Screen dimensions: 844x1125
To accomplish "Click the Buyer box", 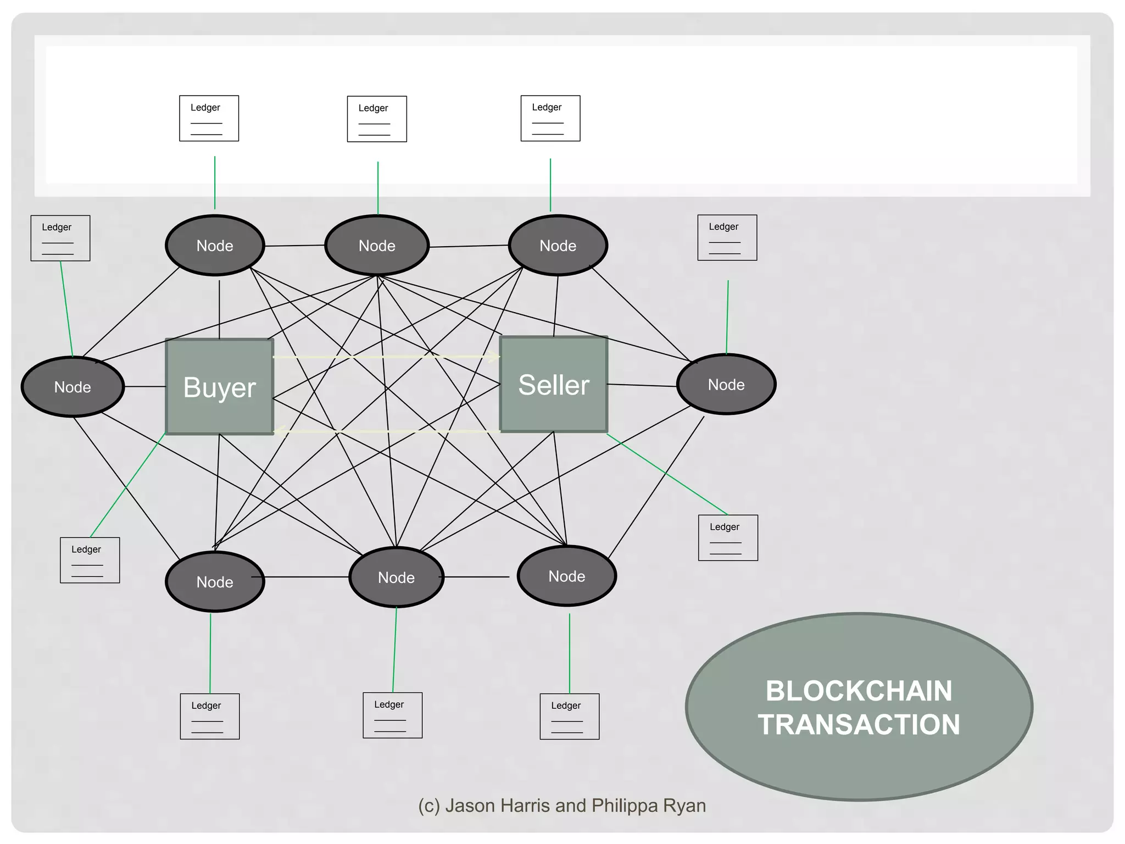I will (x=220, y=387).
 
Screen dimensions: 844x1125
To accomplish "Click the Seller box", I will (x=554, y=385).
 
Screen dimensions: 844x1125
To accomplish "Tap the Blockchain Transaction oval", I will (x=859, y=707).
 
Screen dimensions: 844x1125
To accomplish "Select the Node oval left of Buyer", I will (x=73, y=387).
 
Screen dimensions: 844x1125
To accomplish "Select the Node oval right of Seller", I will (x=726, y=385).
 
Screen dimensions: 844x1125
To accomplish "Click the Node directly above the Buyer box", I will (x=215, y=246).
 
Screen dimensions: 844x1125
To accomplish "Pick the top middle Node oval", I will (x=377, y=246).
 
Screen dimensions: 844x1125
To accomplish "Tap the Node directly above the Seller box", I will (x=558, y=246).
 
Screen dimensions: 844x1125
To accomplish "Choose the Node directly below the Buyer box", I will (x=215, y=582).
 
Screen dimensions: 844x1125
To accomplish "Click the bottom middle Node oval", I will (x=396, y=578).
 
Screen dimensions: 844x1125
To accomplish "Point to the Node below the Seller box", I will (x=567, y=576).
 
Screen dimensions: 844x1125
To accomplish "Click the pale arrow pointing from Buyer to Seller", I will (x=385, y=357).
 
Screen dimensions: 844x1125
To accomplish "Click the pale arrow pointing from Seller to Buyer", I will (x=385, y=431).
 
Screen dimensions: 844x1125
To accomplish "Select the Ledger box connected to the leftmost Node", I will (x=60, y=238).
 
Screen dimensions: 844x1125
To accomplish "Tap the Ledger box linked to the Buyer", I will (x=90, y=560).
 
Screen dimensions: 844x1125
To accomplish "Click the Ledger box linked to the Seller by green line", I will (x=728, y=537).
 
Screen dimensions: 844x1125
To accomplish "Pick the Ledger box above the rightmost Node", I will (x=727, y=237).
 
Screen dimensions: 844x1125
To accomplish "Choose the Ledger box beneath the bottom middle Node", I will (x=393, y=715).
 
